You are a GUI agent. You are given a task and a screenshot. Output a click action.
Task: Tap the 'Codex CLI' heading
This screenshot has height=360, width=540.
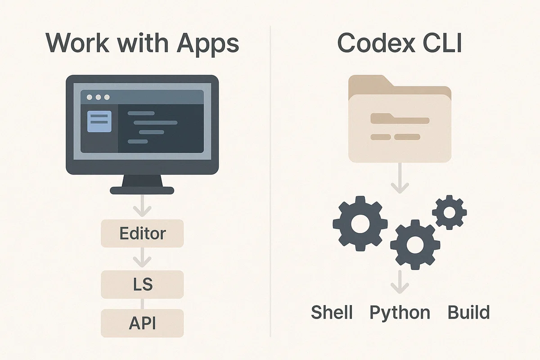point(400,43)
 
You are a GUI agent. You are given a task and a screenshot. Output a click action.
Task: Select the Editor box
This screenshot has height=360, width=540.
point(142,233)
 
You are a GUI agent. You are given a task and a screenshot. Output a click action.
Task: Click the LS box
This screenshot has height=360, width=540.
point(142,284)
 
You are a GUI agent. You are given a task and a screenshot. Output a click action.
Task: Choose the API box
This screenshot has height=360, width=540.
point(142,323)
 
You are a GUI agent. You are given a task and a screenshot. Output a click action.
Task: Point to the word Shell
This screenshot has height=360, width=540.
point(332,312)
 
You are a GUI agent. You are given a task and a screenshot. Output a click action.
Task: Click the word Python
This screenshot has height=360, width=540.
point(400,313)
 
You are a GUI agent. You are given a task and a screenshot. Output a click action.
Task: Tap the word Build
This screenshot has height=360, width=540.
point(468,312)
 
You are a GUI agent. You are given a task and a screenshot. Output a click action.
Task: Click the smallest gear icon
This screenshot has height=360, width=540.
point(450,212)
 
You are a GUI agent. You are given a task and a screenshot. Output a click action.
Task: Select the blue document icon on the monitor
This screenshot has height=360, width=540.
point(99,121)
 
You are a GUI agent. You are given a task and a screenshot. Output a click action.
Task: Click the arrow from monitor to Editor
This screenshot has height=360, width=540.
point(142,206)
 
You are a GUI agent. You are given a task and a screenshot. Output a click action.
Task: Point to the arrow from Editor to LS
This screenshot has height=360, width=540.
point(142,257)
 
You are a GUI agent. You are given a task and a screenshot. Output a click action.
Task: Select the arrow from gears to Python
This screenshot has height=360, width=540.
point(400,282)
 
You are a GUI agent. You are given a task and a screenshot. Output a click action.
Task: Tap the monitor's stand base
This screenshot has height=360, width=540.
point(142,190)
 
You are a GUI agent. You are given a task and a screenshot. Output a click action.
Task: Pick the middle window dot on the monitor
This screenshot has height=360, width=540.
point(98,97)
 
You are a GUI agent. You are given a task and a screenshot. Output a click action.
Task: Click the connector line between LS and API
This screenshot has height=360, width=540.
point(142,304)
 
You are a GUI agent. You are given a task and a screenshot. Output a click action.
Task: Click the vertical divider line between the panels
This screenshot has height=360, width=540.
point(270,181)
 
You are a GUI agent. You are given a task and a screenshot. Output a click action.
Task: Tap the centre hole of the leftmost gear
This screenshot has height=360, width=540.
point(360,224)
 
